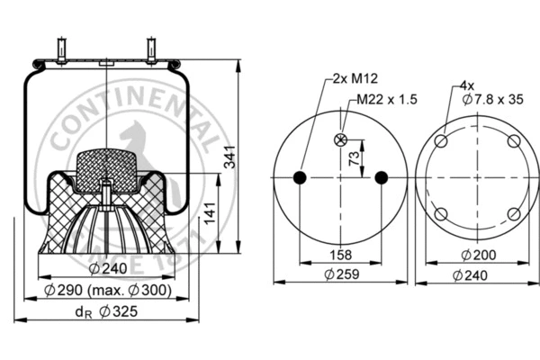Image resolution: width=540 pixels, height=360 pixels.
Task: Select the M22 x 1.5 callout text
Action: point(387,99)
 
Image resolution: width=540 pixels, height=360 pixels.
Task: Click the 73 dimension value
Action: point(353,157)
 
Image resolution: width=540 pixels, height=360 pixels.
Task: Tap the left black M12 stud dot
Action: point(300,176)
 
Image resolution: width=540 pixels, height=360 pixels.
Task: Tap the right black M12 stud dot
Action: point(381,176)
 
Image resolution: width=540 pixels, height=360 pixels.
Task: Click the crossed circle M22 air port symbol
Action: point(340,139)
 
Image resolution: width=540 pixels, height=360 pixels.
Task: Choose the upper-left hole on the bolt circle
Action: point(441,140)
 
